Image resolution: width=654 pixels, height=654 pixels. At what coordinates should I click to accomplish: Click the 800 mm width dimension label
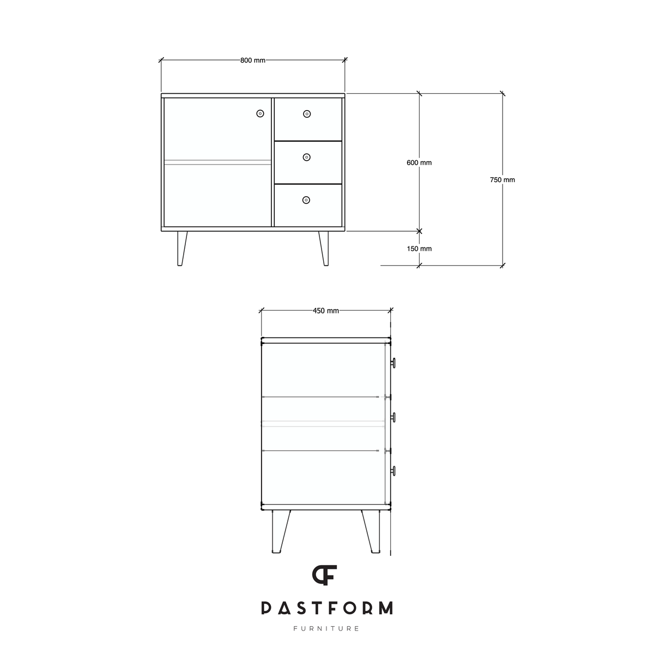tap(252, 60)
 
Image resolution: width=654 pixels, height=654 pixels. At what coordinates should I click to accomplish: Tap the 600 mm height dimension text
tap(419, 162)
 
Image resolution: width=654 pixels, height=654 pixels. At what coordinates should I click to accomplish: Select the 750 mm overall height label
tap(502, 180)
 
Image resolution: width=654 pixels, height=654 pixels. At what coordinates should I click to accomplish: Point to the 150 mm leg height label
tap(419, 249)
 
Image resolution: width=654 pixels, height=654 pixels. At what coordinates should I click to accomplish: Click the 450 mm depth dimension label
tap(326, 311)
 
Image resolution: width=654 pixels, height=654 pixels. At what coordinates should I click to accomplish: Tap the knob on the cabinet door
tap(260, 113)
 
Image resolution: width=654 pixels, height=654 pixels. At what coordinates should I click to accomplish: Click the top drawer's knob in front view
tap(307, 114)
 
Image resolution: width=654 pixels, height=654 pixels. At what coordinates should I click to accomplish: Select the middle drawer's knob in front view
tap(306, 157)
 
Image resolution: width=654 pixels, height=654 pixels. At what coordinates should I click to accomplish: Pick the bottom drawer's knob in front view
tap(306, 200)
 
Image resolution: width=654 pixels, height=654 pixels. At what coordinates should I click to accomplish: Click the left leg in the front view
tap(181, 249)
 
